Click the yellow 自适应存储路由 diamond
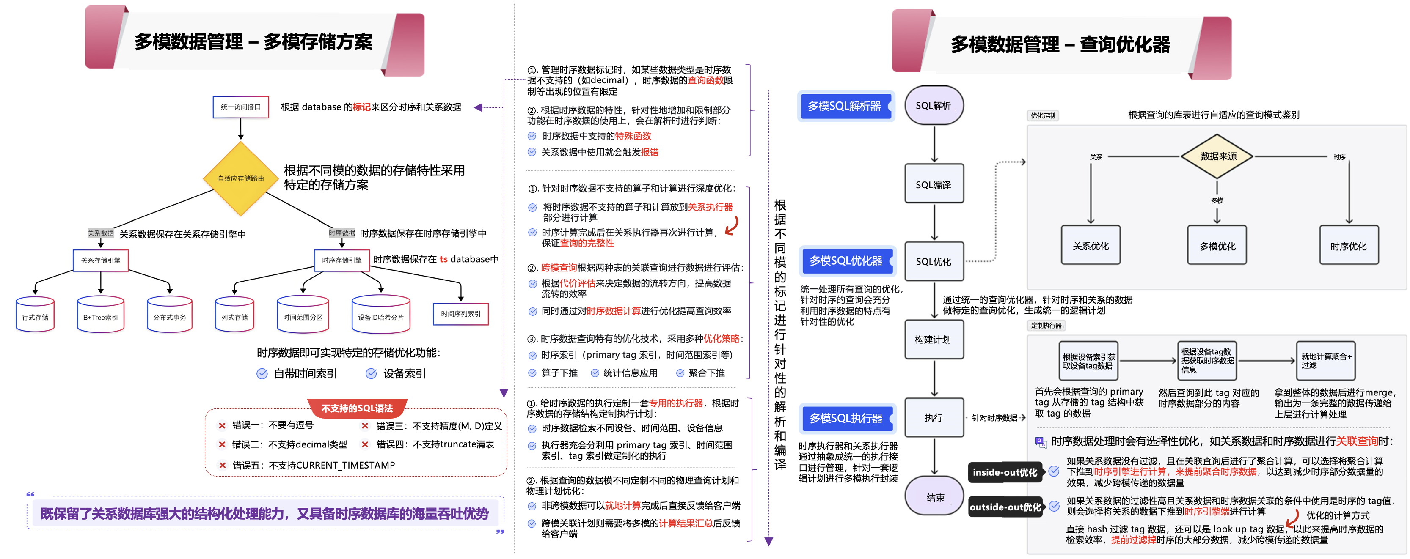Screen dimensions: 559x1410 (x=240, y=178)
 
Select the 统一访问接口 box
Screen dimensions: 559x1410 (x=240, y=107)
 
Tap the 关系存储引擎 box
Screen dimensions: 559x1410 (x=101, y=260)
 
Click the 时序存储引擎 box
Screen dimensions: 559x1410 (x=341, y=260)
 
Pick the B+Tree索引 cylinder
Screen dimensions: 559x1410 (x=101, y=315)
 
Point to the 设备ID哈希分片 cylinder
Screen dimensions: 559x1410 (x=381, y=315)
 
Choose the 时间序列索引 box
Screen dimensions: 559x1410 (x=460, y=314)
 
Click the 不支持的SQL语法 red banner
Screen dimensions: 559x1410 (x=357, y=408)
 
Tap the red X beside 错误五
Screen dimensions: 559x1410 (x=222, y=466)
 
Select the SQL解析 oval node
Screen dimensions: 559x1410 (x=934, y=106)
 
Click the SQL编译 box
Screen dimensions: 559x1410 (x=934, y=184)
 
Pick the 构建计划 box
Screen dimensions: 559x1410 (x=934, y=340)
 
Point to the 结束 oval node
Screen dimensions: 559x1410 (x=934, y=497)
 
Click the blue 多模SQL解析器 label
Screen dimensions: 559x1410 (x=845, y=106)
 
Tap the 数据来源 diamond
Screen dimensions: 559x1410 (x=1218, y=156)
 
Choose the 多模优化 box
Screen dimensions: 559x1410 (x=1217, y=246)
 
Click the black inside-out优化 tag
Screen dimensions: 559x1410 (x=1005, y=472)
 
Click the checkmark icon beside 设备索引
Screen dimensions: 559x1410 (x=371, y=373)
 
